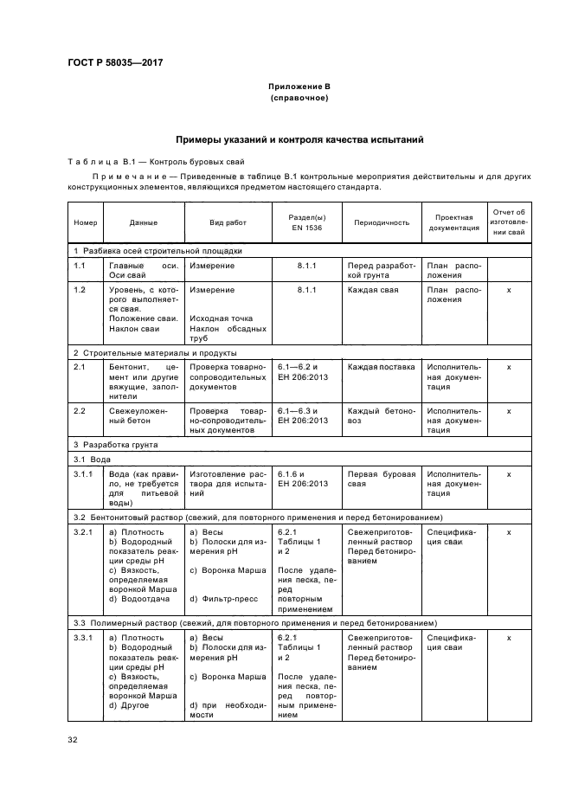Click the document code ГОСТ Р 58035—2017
(115, 63)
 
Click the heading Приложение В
(299, 87)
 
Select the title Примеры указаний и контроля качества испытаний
(299, 139)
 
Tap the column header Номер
(86, 222)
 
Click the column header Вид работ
(228, 222)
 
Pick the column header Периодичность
(381, 222)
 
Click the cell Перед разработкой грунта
(381, 270)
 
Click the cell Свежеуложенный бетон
(130, 415)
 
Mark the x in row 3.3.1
(508, 637)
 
